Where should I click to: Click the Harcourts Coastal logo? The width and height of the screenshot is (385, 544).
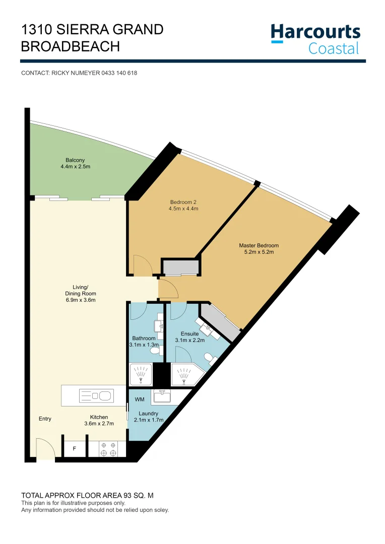tap(315, 39)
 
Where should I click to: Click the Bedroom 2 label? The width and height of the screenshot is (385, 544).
tap(184, 205)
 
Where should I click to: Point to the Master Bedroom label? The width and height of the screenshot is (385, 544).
tap(259, 249)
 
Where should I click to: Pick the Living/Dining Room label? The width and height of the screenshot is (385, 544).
tap(81, 294)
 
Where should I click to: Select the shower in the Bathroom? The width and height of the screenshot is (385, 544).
tap(141, 375)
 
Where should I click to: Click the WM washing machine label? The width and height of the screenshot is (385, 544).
tap(140, 399)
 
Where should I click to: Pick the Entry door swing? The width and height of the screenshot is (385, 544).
tap(45, 449)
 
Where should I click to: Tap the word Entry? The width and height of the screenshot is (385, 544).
tap(45, 419)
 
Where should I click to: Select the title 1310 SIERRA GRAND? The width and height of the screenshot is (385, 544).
tap(92, 30)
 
